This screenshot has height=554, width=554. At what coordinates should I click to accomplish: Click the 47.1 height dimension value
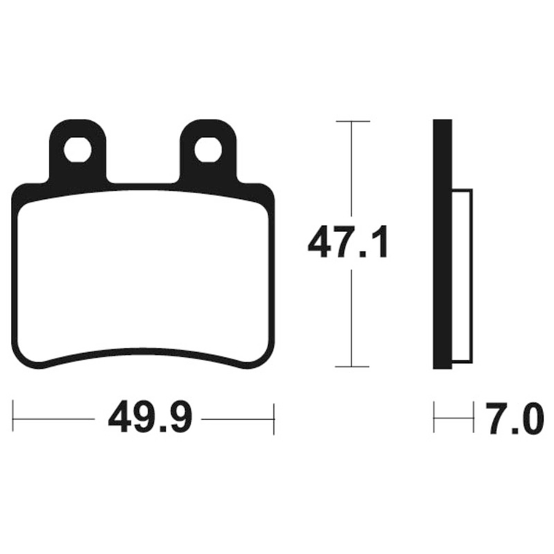click(348, 243)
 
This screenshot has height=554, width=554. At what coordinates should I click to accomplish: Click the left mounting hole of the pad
click(78, 150)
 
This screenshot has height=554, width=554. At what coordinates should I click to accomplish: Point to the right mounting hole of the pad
click(208, 150)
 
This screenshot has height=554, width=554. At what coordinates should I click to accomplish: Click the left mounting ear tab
click(78, 151)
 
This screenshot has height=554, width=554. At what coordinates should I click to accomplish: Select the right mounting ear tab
click(208, 151)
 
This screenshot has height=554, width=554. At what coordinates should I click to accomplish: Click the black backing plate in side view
click(442, 244)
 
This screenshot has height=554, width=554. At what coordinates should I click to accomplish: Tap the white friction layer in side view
click(462, 276)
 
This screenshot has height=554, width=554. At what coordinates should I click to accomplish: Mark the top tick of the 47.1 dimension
click(353, 121)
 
